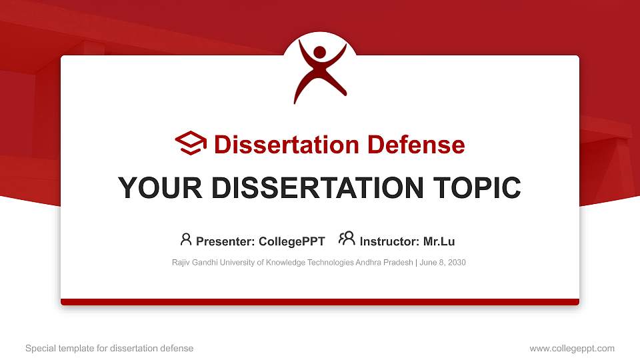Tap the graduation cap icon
pyautogui.click(x=191, y=143)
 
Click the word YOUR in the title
pyautogui.click(x=158, y=188)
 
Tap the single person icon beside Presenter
pyautogui.click(x=186, y=239)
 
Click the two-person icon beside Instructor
pyautogui.click(x=347, y=239)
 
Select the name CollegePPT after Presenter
pyautogui.click(x=292, y=241)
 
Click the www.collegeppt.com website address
pyautogui.click(x=571, y=348)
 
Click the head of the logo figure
pyautogui.click(x=320, y=52)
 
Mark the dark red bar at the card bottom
pyautogui.click(x=320, y=302)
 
